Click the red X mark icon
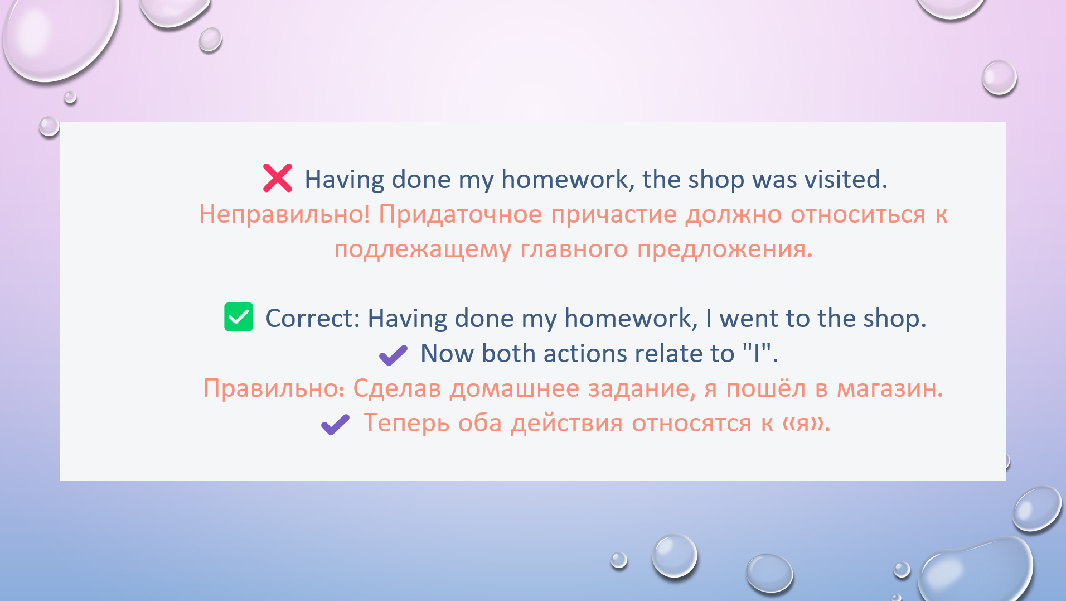click(x=278, y=178)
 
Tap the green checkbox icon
click(x=239, y=317)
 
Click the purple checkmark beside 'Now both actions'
click(x=393, y=355)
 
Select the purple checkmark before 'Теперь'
click(x=335, y=425)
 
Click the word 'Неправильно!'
click(x=284, y=214)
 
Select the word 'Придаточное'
click(x=460, y=214)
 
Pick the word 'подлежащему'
click(x=422, y=249)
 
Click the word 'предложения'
click(x=723, y=249)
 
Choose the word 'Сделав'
click(x=397, y=388)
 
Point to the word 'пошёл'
click(x=765, y=388)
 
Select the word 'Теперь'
click(x=406, y=424)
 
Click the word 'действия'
click(x=567, y=424)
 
